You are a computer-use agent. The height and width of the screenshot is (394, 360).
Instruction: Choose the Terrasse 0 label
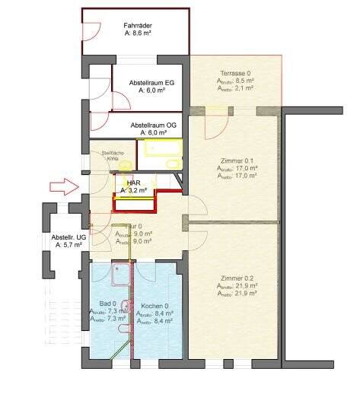[235, 71]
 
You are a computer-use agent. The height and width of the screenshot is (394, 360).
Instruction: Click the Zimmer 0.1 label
[235, 160]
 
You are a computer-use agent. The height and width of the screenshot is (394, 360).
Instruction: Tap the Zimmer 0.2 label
[236, 278]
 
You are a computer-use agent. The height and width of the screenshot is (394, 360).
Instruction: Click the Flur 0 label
[125, 226]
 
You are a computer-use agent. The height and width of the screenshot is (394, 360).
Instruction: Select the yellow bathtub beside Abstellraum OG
[161, 155]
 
